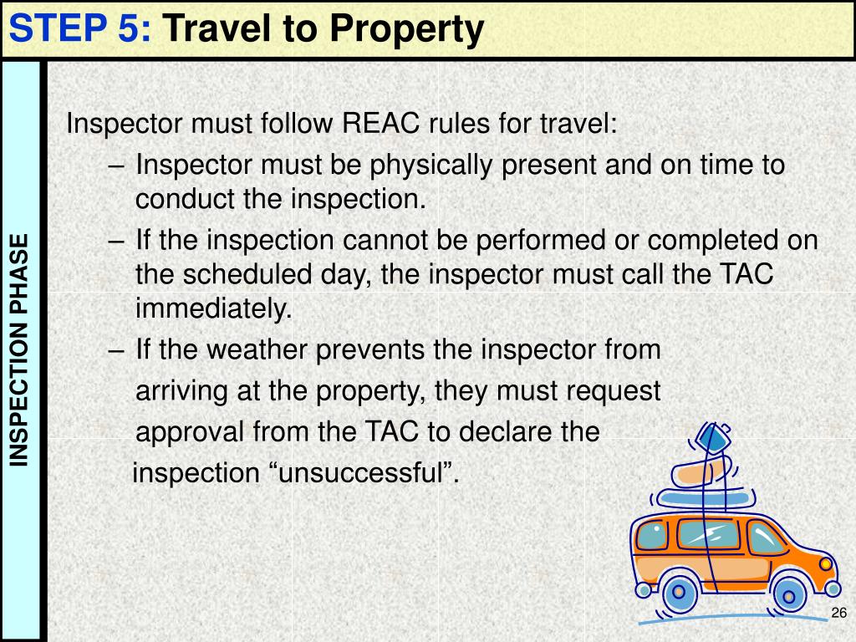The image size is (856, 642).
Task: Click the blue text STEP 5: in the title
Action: pyautogui.click(x=80, y=29)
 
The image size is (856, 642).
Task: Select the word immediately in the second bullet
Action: pyautogui.click(x=213, y=309)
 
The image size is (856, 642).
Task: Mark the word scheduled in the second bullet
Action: pyautogui.click(x=263, y=274)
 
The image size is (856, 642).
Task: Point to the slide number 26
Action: pyautogui.click(x=839, y=614)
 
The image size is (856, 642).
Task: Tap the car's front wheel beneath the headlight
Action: pyautogui.click(x=788, y=594)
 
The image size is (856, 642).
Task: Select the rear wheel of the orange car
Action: pyautogui.click(x=679, y=593)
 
